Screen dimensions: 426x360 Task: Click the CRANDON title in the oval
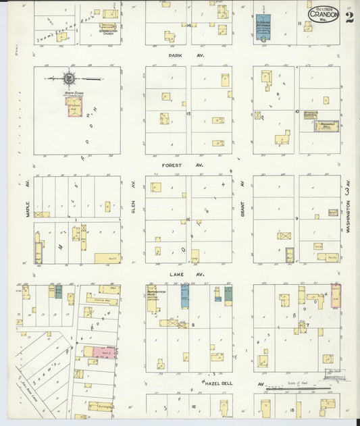pos(324,15)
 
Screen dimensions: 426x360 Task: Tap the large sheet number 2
pos(349,18)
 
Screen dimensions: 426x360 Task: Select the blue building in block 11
pos(263,28)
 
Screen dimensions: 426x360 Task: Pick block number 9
pos(297,219)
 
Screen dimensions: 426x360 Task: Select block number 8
pos(192,325)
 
